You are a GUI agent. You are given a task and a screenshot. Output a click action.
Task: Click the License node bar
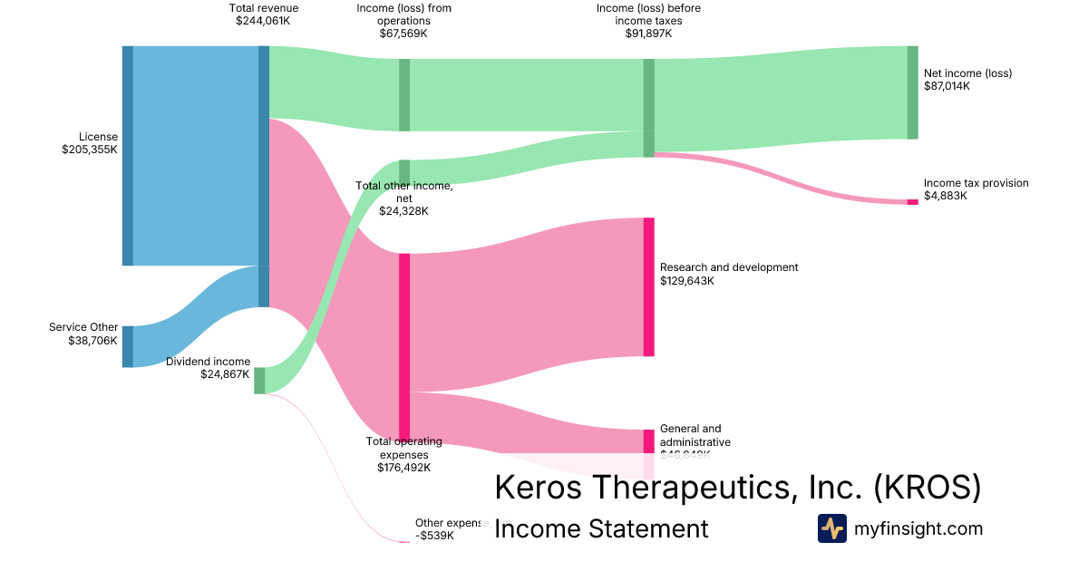coord(128,155)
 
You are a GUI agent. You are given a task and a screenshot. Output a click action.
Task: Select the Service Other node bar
coord(128,346)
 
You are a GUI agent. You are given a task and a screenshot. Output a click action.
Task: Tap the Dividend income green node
coord(259,381)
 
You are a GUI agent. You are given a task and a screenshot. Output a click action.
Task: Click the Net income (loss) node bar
coord(912,92)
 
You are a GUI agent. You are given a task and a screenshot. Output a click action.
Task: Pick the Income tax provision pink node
coord(912,202)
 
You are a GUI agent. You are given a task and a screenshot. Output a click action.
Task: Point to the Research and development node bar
coord(648,286)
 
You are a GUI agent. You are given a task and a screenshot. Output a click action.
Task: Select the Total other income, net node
coord(404,172)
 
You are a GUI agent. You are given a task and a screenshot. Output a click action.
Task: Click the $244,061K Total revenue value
coord(264,22)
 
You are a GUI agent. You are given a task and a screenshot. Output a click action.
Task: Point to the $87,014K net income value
coord(947,86)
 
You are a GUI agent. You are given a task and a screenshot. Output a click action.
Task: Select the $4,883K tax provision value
coord(946,196)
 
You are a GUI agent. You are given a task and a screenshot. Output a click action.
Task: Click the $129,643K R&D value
coord(686,281)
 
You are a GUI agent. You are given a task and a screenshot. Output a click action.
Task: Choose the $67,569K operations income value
coord(403,34)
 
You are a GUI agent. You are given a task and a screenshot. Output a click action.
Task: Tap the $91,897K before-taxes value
coord(648,34)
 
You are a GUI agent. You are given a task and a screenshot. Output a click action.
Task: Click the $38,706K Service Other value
coord(92,341)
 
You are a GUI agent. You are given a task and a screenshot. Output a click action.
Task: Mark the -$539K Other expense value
coord(434,536)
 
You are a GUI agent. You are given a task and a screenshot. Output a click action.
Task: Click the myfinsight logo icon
coord(831,528)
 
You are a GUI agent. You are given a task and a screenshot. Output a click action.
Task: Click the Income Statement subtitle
coord(600,529)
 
